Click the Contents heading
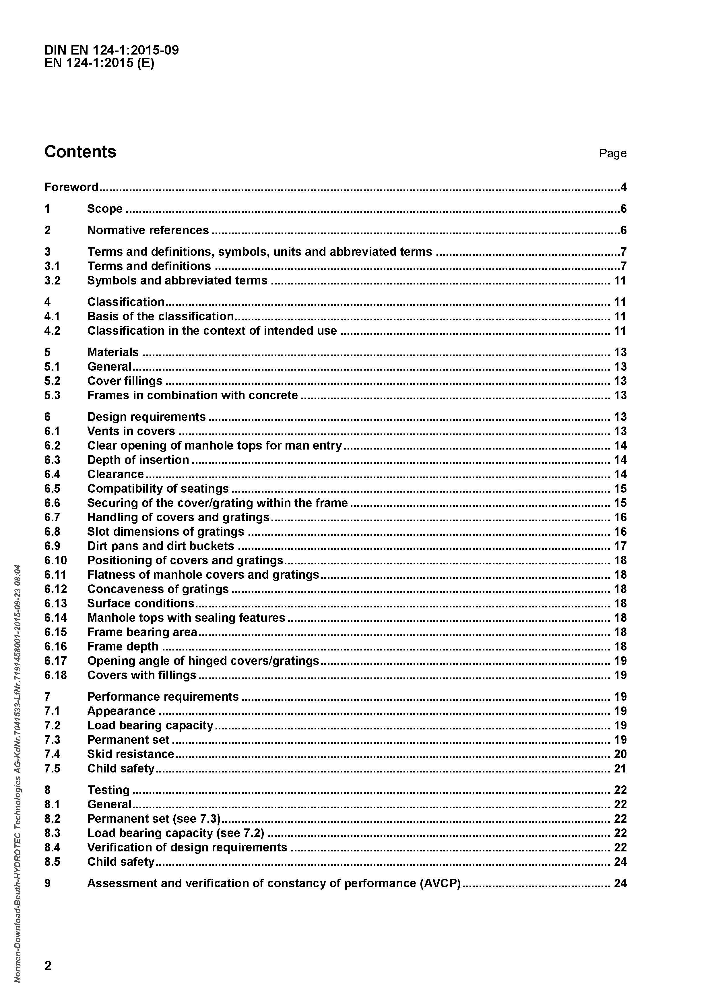click(80, 152)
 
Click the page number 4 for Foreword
click(623, 187)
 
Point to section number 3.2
click(52, 281)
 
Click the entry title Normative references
click(148, 230)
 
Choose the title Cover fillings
click(125, 381)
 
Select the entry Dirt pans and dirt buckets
click(160, 546)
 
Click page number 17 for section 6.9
click(620, 546)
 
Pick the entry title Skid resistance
click(131, 754)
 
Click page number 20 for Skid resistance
click(620, 754)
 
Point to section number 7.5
click(52, 768)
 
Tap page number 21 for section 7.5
click(620, 768)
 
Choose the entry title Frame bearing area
click(142, 632)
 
